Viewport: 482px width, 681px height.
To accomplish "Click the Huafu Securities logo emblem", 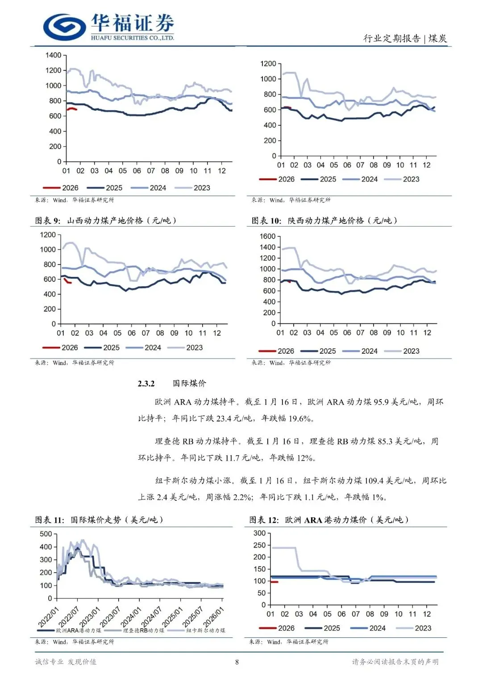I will point(64,27).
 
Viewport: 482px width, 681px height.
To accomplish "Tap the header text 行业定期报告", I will point(391,39).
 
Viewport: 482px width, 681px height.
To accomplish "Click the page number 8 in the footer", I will point(237,662).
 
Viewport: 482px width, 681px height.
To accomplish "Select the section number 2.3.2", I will point(146,384).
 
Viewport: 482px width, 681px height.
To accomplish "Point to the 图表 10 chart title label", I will point(324,220).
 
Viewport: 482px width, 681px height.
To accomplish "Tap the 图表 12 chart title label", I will point(328,520).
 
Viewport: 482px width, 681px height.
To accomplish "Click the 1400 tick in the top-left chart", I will point(53,55).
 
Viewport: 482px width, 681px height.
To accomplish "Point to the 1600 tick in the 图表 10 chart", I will point(267,236).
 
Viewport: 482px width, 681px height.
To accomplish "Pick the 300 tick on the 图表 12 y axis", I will point(259,533).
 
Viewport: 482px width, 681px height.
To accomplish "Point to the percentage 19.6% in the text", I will point(299,418).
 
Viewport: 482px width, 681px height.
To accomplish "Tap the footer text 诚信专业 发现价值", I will point(66,662).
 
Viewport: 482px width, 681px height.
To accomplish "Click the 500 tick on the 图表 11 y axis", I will point(46,534).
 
